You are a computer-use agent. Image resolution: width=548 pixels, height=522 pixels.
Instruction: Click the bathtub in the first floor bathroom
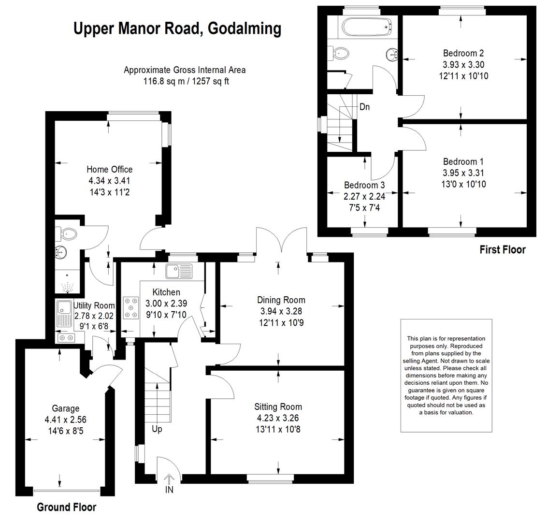(367, 27)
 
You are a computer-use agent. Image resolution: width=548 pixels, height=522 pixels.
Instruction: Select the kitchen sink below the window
(179, 271)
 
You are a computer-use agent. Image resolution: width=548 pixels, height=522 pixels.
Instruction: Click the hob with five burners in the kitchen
(130, 308)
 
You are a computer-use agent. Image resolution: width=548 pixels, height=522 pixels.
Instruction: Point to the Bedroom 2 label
(463, 53)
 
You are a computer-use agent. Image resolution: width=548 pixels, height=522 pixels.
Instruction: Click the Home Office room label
(109, 170)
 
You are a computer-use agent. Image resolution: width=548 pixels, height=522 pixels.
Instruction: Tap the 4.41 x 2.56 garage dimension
(65, 420)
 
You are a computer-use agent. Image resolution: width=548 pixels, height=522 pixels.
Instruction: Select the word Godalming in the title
(245, 29)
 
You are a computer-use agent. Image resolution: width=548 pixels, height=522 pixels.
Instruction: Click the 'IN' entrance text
(169, 490)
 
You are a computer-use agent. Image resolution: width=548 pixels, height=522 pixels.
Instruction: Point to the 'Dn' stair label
(364, 107)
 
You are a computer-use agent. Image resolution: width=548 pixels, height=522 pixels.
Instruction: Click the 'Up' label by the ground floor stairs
(157, 429)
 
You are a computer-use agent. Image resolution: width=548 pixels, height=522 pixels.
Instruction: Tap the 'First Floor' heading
(503, 249)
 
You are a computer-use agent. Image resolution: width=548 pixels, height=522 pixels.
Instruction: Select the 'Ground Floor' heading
(66, 507)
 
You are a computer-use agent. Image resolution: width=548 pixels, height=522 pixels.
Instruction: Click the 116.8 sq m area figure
(164, 82)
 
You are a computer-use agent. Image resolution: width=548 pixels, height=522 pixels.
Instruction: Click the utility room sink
(63, 313)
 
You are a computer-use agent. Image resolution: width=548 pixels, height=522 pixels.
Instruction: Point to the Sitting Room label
(278, 407)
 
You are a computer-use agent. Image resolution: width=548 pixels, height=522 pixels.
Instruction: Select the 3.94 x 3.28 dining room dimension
(281, 311)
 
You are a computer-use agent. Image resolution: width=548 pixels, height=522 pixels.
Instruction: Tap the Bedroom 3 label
(364, 185)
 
